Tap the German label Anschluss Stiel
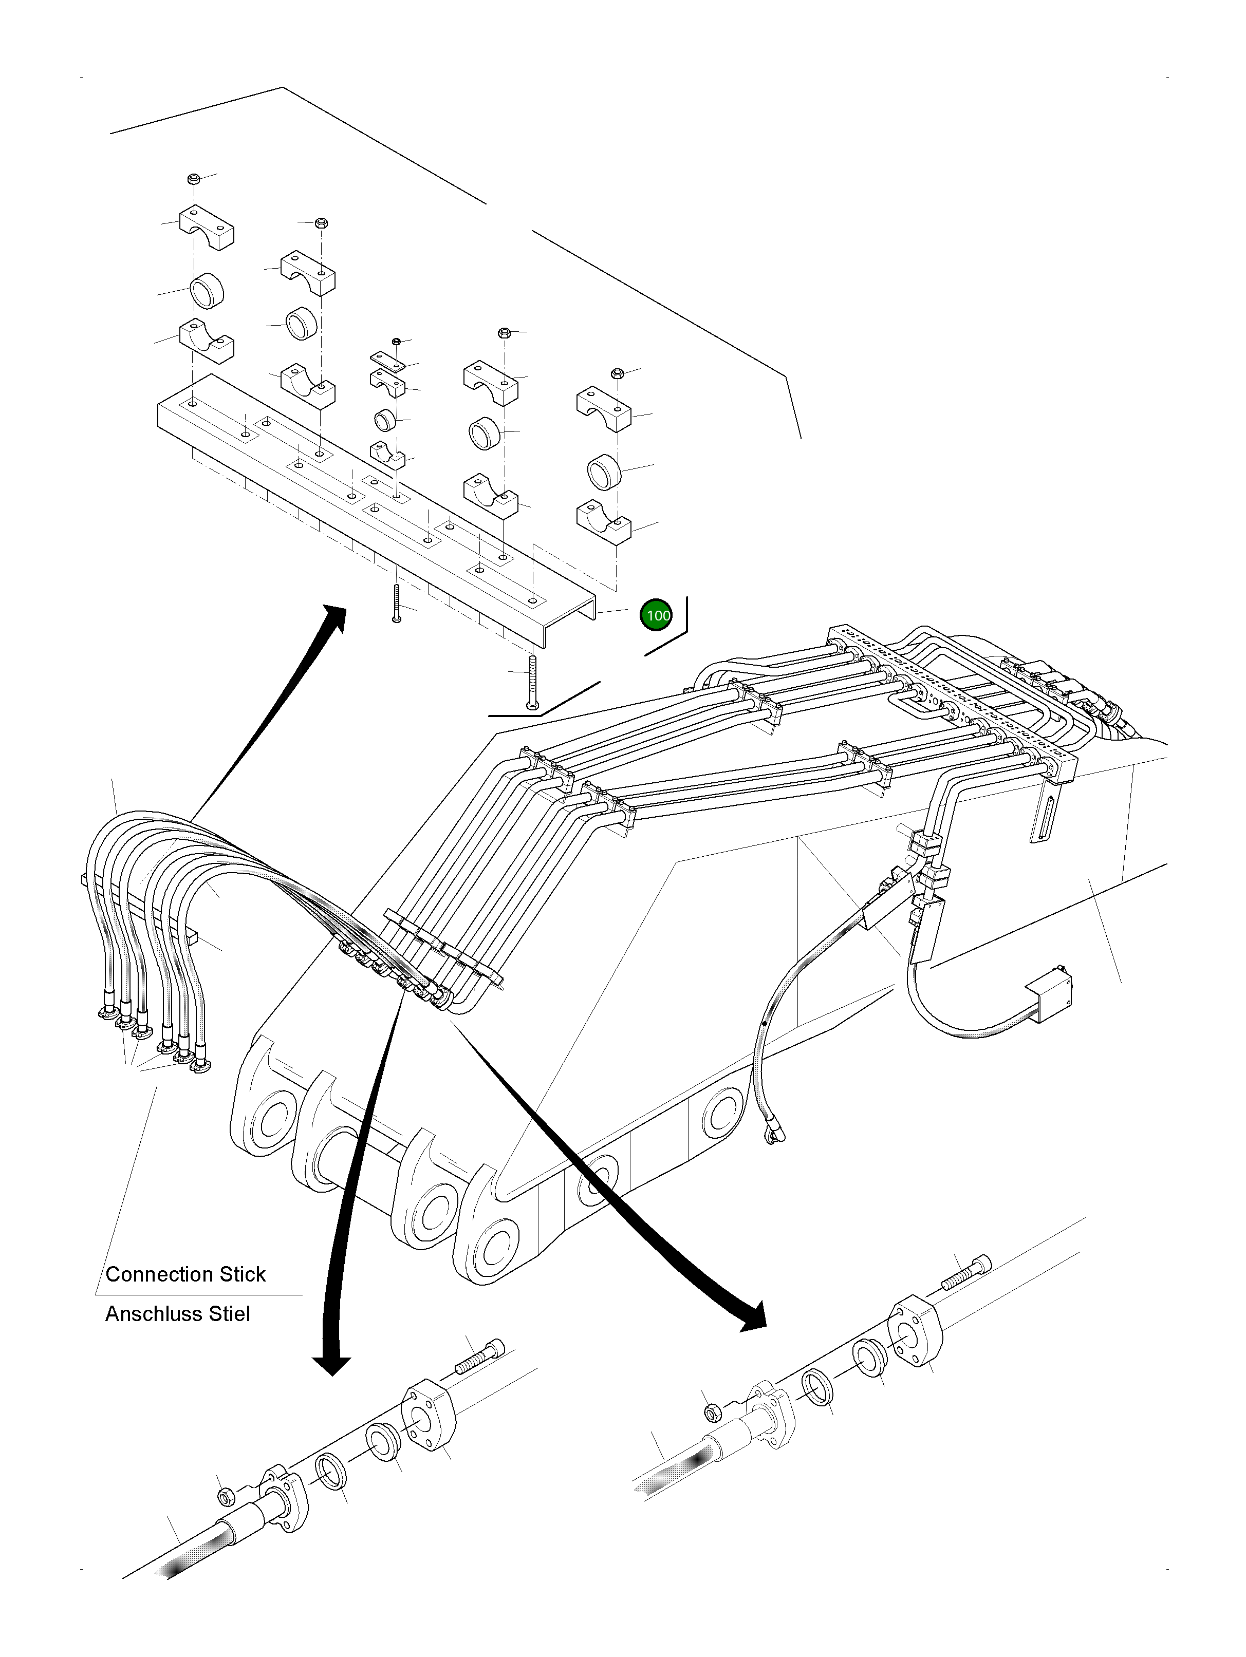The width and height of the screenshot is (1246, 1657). click(x=178, y=1314)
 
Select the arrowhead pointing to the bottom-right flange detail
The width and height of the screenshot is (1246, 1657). click(x=752, y=1319)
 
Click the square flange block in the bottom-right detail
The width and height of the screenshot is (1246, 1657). click(x=916, y=1333)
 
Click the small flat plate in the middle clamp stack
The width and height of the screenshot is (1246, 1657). click(x=388, y=360)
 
